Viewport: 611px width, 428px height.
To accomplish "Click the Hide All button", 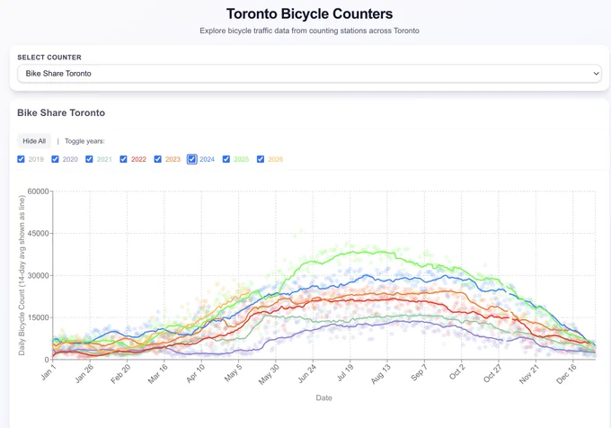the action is pyautogui.click(x=34, y=141).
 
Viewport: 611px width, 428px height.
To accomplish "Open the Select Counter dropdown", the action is pyautogui.click(x=309, y=74).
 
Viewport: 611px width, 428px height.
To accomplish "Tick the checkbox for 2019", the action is pyautogui.click(x=21, y=159).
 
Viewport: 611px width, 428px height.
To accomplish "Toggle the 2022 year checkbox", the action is pyautogui.click(x=123, y=159).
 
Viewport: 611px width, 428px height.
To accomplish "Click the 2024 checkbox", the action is pyautogui.click(x=191, y=159).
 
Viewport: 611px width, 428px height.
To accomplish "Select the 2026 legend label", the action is pyautogui.click(x=276, y=159).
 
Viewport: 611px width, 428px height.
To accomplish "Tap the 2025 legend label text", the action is pyautogui.click(x=241, y=159).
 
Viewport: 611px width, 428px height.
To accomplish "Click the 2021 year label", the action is pyautogui.click(x=104, y=159).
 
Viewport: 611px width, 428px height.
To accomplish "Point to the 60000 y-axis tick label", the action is pyautogui.click(x=38, y=192).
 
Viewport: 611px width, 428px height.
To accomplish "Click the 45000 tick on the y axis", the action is pyautogui.click(x=38, y=234).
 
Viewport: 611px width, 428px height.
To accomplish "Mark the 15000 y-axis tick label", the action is pyautogui.click(x=38, y=317).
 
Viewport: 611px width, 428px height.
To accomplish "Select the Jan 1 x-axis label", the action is pyautogui.click(x=49, y=372).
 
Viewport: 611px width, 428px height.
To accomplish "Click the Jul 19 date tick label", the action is pyautogui.click(x=345, y=372).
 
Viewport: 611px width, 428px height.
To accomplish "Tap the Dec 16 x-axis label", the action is pyautogui.click(x=566, y=374).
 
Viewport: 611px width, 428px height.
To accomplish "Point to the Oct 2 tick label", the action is pyautogui.click(x=457, y=372).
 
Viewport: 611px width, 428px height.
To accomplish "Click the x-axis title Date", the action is pyautogui.click(x=323, y=397).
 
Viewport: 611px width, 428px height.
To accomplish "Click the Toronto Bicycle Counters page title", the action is pyautogui.click(x=309, y=13).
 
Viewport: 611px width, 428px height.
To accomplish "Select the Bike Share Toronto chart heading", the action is pyautogui.click(x=61, y=112).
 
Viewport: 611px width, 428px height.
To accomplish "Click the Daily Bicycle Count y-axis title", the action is pyautogui.click(x=22, y=275).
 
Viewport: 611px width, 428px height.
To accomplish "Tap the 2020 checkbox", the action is pyautogui.click(x=56, y=159).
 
